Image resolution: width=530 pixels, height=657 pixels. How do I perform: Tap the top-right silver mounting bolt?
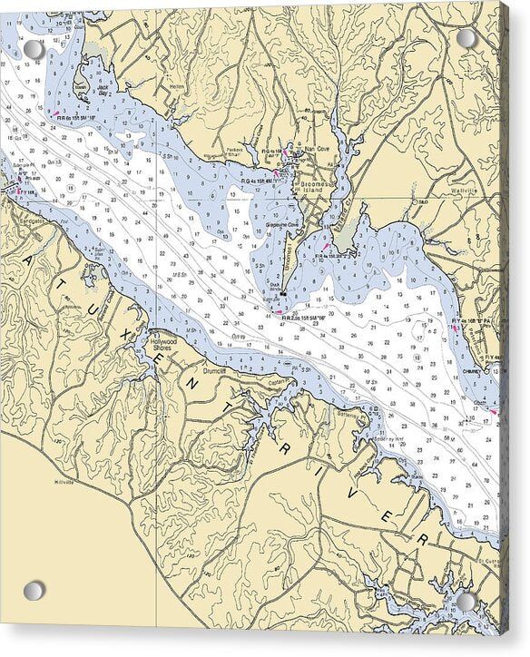coord(466,39)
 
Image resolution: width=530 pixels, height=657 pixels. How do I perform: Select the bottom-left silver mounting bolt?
coord(34,591)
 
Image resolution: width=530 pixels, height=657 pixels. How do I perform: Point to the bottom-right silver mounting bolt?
coord(466,602)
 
